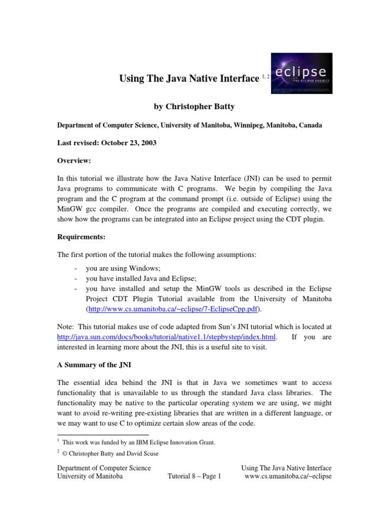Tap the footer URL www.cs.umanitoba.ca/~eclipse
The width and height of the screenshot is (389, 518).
pos(288,477)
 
